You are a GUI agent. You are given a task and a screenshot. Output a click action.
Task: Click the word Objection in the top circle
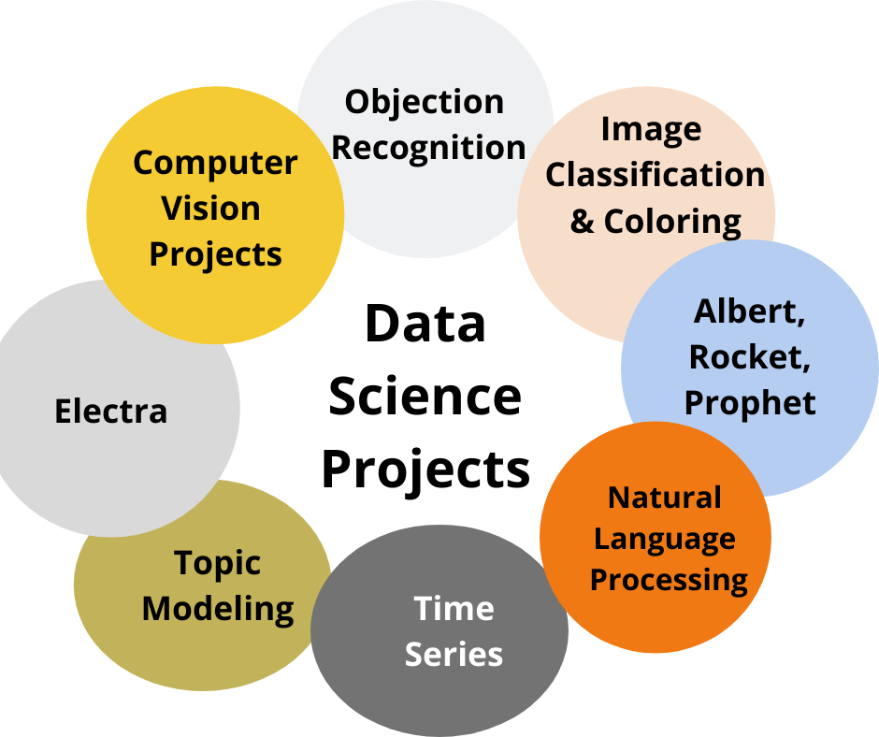[x=424, y=102]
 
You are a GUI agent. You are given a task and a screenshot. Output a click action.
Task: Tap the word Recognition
[x=429, y=147]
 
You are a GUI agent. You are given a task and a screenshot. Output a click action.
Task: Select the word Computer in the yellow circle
[x=215, y=163]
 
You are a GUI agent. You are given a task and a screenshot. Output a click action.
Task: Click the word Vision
[x=211, y=208]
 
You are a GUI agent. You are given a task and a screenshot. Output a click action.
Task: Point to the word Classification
[x=655, y=175]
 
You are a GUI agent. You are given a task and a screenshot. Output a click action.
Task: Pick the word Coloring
[x=672, y=222]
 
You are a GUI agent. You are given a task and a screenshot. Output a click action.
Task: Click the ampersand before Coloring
[x=582, y=223]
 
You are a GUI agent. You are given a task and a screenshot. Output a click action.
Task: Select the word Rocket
[x=746, y=356]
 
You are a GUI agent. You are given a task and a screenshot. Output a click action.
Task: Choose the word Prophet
[x=750, y=402]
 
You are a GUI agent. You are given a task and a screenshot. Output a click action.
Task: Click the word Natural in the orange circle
[x=665, y=497]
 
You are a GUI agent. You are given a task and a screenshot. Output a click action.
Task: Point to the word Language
[x=665, y=539]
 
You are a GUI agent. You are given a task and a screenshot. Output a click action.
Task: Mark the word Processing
[x=669, y=580]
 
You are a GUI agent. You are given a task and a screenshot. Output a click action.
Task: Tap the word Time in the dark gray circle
[x=454, y=609]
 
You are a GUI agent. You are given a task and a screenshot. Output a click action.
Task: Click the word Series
[x=454, y=654]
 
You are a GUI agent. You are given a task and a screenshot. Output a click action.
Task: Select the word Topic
[x=217, y=563]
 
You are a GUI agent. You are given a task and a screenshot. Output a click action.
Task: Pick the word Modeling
[x=218, y=609]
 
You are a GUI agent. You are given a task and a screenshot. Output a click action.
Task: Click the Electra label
[x=111, y=411]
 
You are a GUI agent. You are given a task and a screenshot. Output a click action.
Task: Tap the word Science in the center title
[x=425, y=397]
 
